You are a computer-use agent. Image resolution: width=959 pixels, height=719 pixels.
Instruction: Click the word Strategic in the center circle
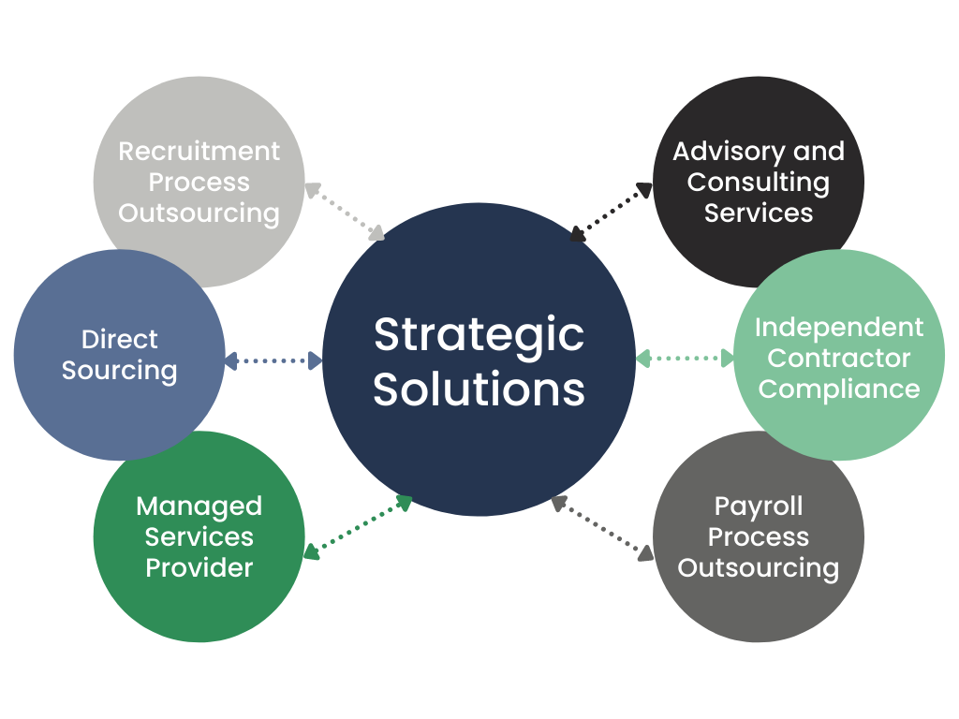click(479, 336)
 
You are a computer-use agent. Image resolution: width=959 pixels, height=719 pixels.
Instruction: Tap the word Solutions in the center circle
click(479, 389)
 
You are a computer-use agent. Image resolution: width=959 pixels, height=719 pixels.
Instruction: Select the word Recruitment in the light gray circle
click(199, 152)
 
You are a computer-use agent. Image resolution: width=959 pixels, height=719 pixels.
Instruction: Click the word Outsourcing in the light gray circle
click(199, 213)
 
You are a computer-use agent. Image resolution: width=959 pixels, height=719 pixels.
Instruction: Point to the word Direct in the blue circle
click(120, 339)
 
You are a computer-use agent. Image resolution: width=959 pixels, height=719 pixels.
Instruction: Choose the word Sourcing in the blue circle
click(120, 371)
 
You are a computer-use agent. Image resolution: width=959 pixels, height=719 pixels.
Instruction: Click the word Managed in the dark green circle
click(199, 506)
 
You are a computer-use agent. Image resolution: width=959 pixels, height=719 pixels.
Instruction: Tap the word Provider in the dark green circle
click(199, 567)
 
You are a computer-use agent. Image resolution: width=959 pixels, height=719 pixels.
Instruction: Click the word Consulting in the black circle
click(759, 183)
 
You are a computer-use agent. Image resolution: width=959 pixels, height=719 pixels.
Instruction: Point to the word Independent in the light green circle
click(839, 328)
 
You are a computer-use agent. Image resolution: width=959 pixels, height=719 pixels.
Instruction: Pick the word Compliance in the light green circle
click(839, 389)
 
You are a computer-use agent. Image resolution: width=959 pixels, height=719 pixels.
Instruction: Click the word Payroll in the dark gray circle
click(759, 506)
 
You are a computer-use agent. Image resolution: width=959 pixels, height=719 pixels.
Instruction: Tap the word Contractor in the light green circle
click(839, 359)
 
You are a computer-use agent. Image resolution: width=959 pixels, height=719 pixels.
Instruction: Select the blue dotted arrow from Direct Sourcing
click(273, 359)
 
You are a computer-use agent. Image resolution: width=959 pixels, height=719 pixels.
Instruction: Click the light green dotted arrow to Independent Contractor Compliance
click(685, 358)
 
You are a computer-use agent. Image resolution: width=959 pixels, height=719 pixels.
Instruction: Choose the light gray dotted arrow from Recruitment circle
click(345, 212)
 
